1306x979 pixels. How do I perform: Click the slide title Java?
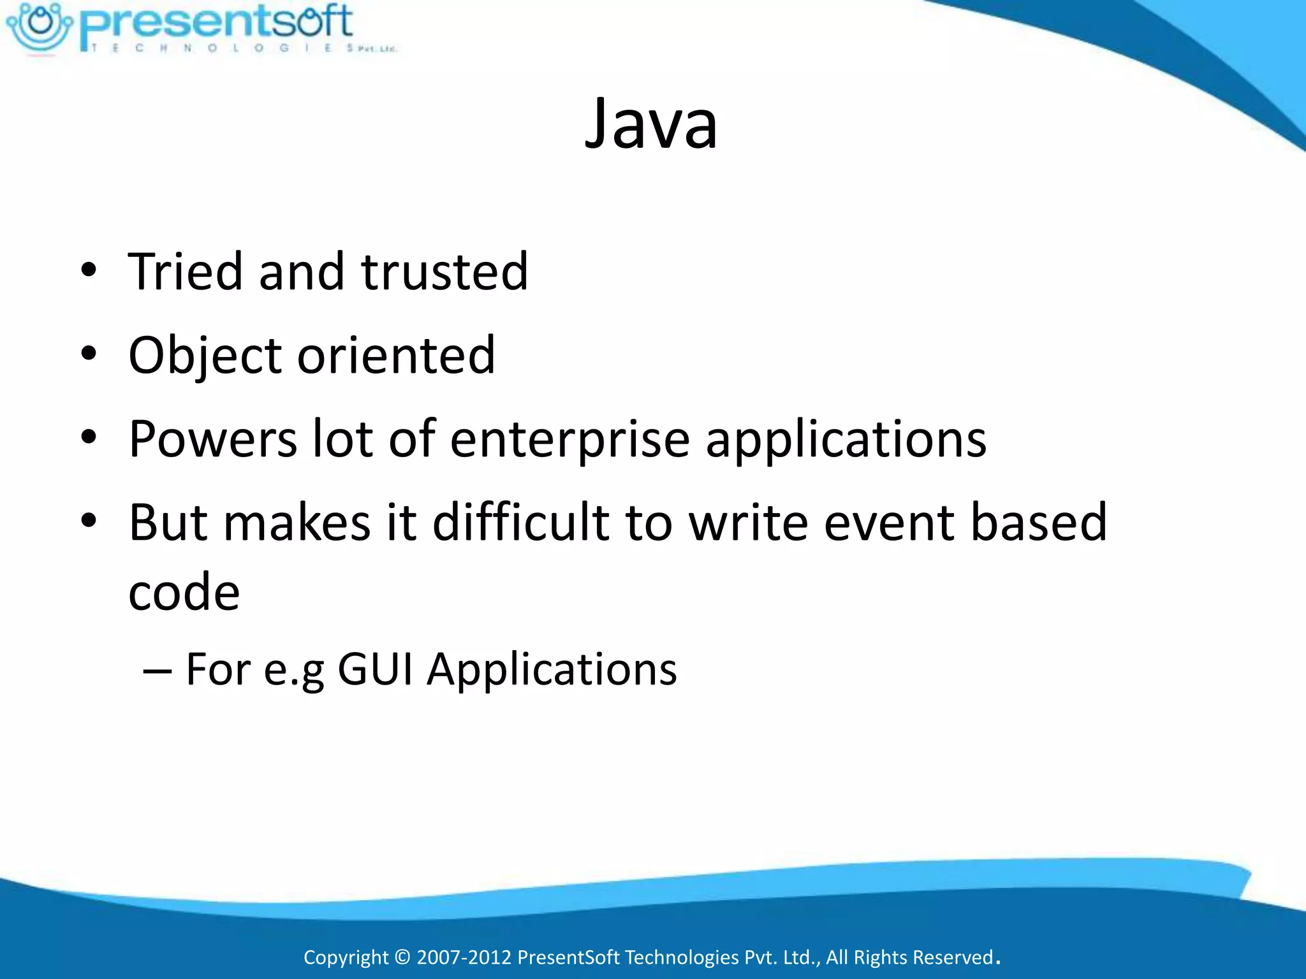[x=651, y=124]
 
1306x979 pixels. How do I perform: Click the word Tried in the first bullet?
[x=186, y=272]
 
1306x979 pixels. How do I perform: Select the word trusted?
[x=444, y=272]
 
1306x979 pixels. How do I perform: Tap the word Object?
[x=205, y=355]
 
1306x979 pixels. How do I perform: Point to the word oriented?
[x=396, y=355]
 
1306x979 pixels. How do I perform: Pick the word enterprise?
[x=570, y=440]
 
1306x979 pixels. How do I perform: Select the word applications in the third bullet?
[x=846, y=440]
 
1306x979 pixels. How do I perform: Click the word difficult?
[x=520, y=522]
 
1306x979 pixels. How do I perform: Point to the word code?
[x=184, y=592]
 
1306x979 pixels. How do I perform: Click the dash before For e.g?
[x=157, y=671]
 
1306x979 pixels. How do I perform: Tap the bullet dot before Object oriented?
[x=89, y=354]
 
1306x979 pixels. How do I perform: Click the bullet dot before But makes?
[x=89, y=521]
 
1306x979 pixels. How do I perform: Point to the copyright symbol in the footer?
[x=402, y=957]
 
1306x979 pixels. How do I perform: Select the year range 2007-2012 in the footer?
[x=464, y=957]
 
